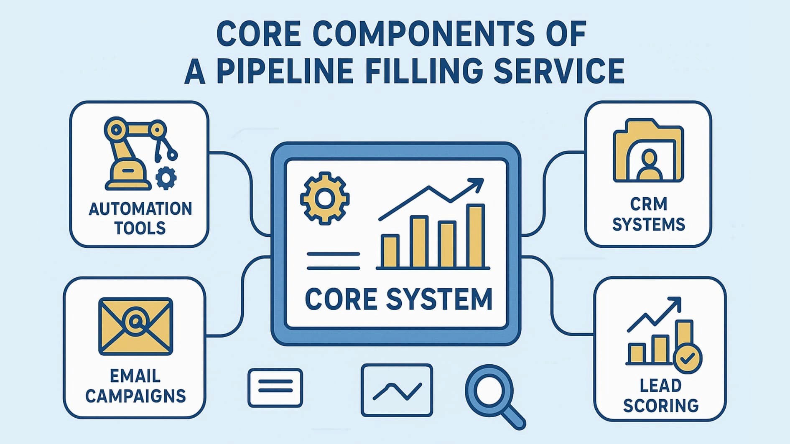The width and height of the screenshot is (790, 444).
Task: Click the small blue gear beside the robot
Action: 166,178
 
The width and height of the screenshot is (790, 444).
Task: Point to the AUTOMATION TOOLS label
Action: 140,218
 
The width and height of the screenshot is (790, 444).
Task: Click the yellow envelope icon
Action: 135,326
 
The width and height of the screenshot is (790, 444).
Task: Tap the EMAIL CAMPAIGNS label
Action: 135,386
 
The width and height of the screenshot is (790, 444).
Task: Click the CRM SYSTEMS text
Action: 649,214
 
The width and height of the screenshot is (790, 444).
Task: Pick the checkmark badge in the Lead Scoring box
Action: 687,358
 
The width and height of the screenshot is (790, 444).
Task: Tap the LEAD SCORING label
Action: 660,395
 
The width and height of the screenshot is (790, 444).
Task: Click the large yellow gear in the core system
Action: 325,198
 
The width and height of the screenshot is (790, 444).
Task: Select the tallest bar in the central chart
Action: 475,236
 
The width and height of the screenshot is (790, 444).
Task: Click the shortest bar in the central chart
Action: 390,251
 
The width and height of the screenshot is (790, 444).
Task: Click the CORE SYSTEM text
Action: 398,299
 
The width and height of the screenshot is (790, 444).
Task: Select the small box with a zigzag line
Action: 397,390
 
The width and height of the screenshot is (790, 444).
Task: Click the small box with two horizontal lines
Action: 275,387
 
